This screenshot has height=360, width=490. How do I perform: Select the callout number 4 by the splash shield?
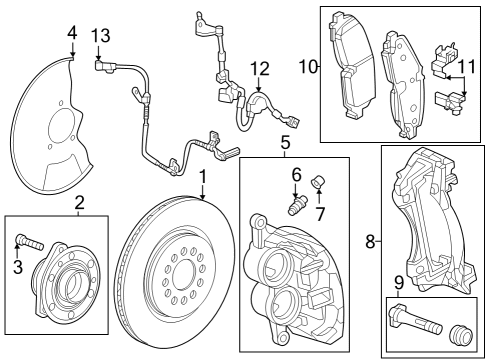pyautogui.click(x=71, y=35)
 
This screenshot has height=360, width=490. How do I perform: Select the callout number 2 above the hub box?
pyautogui.click(x=79, y=203)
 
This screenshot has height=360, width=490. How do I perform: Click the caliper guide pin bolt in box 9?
pyautogui.click(x=411, y=324)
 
